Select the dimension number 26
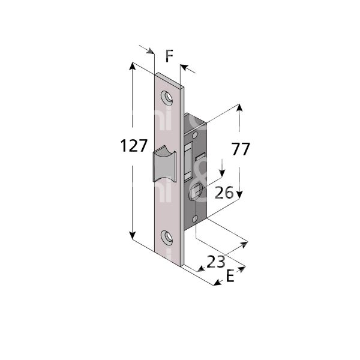(224, 193)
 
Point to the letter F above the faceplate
(169, 57)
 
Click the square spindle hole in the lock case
(196, 193)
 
